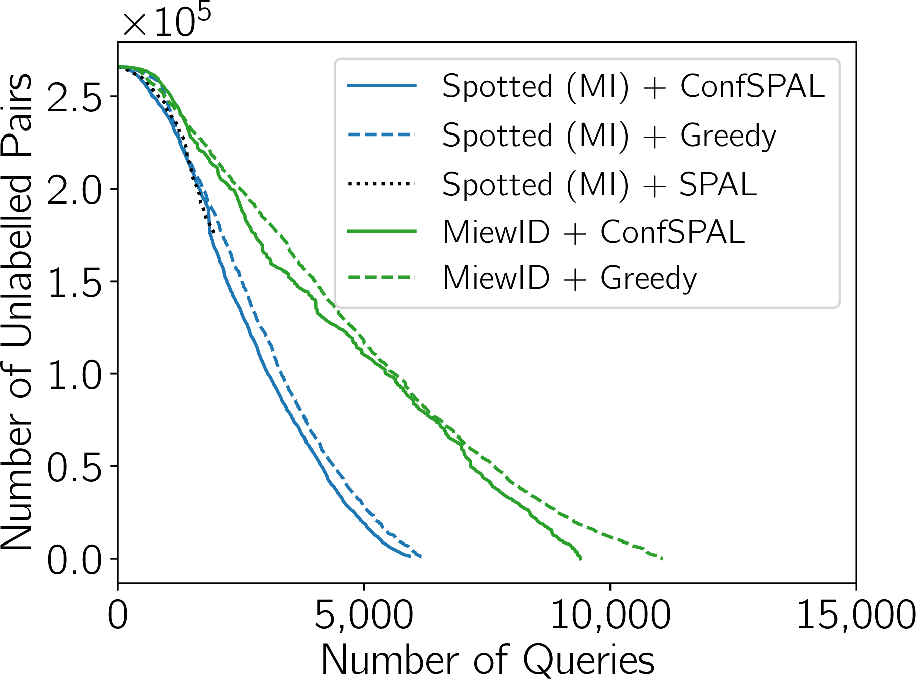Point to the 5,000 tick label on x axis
click(364, 615)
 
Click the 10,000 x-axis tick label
click(610, 615)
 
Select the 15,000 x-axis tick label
click(856, 615)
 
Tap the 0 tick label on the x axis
click(118, 615)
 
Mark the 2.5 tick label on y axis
click(75, 96)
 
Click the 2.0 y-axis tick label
click(75, 189)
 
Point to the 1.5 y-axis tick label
click(75, 281)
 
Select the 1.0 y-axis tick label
click(75, 374)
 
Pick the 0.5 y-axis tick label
click(75, 466)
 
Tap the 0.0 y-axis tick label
click(75, 559)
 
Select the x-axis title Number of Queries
click(488, 659)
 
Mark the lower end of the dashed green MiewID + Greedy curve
click(663, 558)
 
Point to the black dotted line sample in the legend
click(382, 184)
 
